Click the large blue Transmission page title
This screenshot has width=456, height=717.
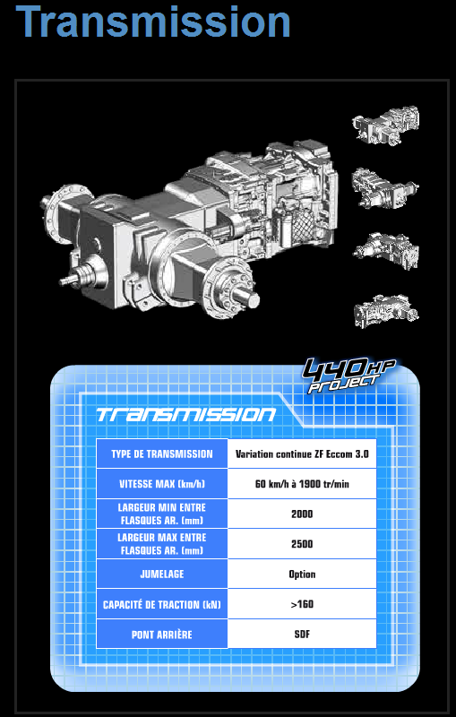pos(153,22)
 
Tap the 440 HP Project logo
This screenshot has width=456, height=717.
pos(349,375)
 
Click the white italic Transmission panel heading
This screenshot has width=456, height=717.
pos(186,414)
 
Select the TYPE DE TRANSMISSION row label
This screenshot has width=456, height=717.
pos(162,454)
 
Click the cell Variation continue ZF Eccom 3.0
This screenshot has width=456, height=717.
pos(302,454)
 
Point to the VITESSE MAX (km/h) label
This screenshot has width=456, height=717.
pos(162,484)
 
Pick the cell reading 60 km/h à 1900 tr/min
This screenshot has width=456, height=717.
pos(302,484)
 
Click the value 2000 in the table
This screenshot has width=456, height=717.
pos(302,514)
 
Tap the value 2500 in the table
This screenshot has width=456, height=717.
pos(302,544)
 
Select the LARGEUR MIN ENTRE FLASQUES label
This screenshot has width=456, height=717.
pos(162,514)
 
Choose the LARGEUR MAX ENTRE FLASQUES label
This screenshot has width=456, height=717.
pos(162,544)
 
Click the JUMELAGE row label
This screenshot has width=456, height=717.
pos(162,574)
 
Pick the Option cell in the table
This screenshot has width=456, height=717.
pos(302,574)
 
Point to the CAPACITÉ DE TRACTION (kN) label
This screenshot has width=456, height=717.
pos(162,604)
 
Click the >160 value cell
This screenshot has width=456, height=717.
pos(302,604)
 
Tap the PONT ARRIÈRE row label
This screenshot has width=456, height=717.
pos(162,635)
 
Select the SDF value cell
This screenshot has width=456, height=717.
pos(302,635)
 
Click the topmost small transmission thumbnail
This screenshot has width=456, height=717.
pos(385,125)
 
